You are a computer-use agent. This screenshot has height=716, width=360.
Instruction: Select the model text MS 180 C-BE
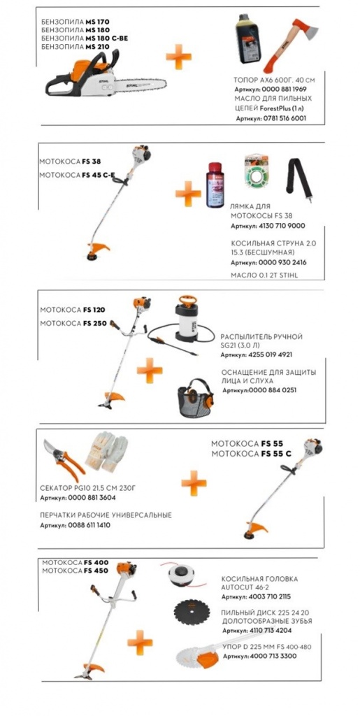(x=107, y=38)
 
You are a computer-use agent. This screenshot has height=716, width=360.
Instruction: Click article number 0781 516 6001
(x=283, y=118)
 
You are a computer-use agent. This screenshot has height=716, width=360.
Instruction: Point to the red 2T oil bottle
(x=214, y=185)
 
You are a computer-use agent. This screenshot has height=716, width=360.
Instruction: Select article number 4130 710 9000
(x=282, y=226)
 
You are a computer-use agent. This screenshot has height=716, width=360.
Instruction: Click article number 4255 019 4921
(x=270, y=355)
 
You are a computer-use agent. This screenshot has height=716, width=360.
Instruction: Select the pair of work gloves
(x=107, y=451)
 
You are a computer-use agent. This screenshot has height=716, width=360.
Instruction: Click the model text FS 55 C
(x=276, y=453)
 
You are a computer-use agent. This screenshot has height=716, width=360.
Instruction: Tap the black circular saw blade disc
(x=192, y=615)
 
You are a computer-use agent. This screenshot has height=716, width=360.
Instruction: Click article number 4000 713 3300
(x=273, y=656)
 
